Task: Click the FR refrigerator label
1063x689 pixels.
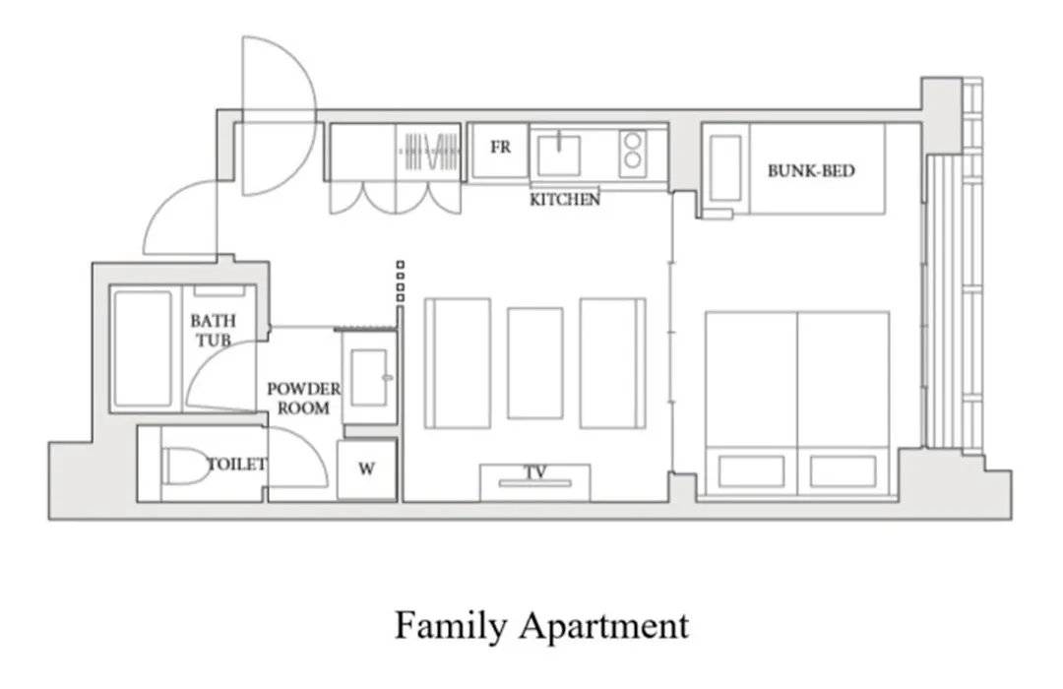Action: coord(500,148)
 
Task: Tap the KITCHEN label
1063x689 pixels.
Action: coord(565,200)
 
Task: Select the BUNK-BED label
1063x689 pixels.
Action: coord(811,171)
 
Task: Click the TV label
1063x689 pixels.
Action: coord(535,472)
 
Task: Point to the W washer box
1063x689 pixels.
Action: coord(367,470)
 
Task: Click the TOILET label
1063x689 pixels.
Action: coord(236,465)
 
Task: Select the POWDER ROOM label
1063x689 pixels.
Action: coord(303,399)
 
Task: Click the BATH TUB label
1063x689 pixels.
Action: coord(213,331)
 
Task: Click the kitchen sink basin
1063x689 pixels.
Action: coord(559,156)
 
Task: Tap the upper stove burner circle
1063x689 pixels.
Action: coord(633,141)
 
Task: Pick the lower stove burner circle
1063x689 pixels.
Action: coord(633,160)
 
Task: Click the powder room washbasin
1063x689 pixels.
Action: coord(369,378)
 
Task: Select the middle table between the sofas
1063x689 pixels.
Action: coord(534,363)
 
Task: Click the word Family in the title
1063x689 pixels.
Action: coord(450,625)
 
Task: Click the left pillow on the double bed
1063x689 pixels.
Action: coord(751,471)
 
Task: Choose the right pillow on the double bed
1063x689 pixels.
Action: coord(843,471)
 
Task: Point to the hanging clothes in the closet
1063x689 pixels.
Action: coord(431,152)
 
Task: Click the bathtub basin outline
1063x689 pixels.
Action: coord(143,349)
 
